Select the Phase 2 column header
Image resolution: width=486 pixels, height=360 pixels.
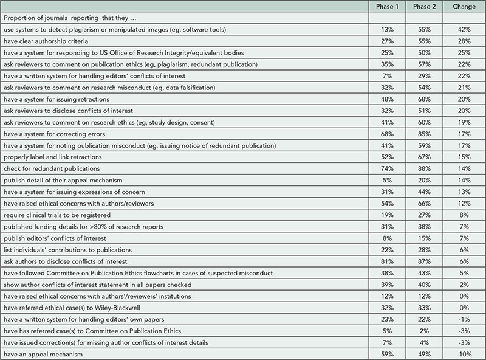click(423, 7)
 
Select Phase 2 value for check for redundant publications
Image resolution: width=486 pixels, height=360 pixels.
click(423, 168)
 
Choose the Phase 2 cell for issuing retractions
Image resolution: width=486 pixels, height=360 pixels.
click(423, 99)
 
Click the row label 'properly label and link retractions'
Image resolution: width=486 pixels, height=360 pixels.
click(60, 157)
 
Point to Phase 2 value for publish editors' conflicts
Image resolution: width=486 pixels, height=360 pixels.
click(423, 238)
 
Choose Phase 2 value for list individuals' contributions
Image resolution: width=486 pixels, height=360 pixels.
click(423, 250)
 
